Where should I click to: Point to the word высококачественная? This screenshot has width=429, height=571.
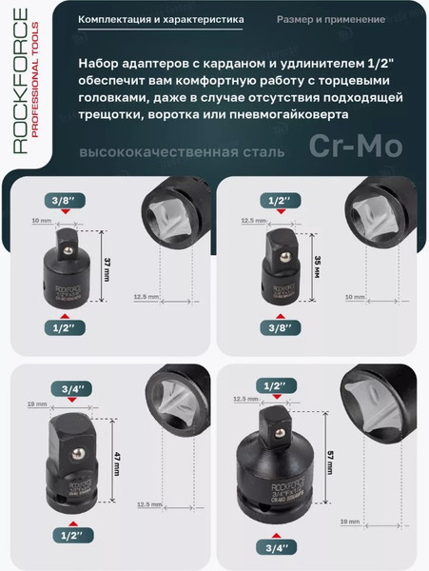pos(149,152)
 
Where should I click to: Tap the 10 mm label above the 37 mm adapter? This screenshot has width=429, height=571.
pos(35,221)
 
